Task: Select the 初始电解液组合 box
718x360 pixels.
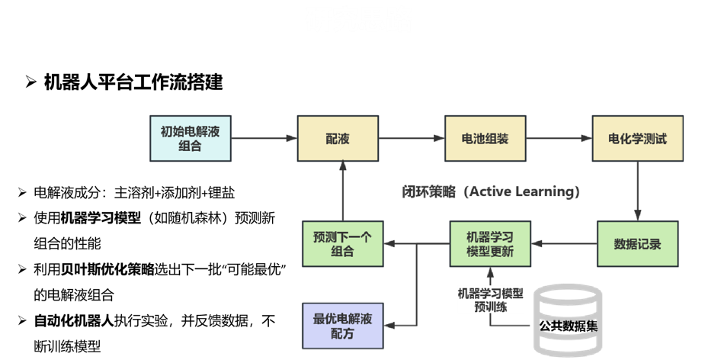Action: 190,138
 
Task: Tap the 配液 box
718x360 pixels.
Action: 338,138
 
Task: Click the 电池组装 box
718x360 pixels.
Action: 485,138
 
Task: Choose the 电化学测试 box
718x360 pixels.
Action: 637,138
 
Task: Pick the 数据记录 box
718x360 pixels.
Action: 637,244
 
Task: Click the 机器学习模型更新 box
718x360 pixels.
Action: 490,244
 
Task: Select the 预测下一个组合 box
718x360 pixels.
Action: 342,244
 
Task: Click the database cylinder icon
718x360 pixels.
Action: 568,320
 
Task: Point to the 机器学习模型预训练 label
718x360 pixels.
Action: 490,300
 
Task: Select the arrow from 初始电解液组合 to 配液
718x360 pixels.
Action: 264,138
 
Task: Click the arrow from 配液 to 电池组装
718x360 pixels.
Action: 411,138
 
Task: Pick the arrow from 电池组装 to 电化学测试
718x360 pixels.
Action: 559,138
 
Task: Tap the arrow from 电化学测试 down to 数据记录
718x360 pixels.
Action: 637,191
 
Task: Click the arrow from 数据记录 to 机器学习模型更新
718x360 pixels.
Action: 564,244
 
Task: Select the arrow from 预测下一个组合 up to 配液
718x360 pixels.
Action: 342,191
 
